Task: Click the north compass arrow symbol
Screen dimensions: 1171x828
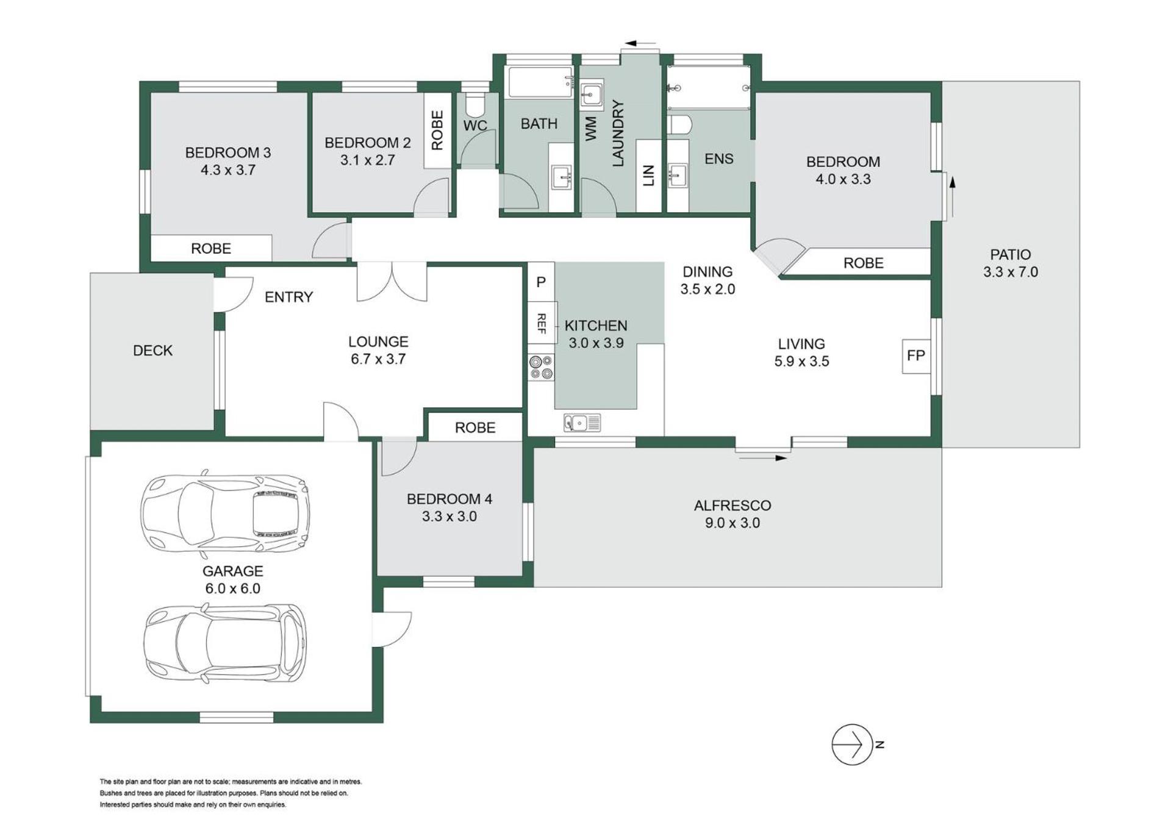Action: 852,744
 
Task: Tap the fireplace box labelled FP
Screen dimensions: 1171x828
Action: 916,355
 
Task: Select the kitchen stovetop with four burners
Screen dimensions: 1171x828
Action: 541,368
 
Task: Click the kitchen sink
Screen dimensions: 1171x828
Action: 582,422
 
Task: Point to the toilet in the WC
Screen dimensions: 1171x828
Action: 474,105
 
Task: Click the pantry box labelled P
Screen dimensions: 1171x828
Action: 541,282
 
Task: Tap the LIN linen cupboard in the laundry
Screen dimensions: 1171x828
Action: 648,176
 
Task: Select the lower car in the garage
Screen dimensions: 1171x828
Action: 225,643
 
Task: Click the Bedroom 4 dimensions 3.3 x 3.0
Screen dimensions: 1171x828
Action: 449,516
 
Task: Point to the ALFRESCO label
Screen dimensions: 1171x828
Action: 732,505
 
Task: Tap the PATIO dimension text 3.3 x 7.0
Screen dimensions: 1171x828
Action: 1011,272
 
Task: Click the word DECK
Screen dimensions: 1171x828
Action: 152,351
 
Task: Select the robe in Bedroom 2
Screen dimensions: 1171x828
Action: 437,130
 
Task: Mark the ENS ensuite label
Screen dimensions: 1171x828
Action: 718,159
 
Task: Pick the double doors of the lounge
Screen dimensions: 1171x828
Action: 392,282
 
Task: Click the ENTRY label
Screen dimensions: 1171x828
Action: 288,297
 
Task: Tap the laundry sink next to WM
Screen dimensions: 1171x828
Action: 591,95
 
